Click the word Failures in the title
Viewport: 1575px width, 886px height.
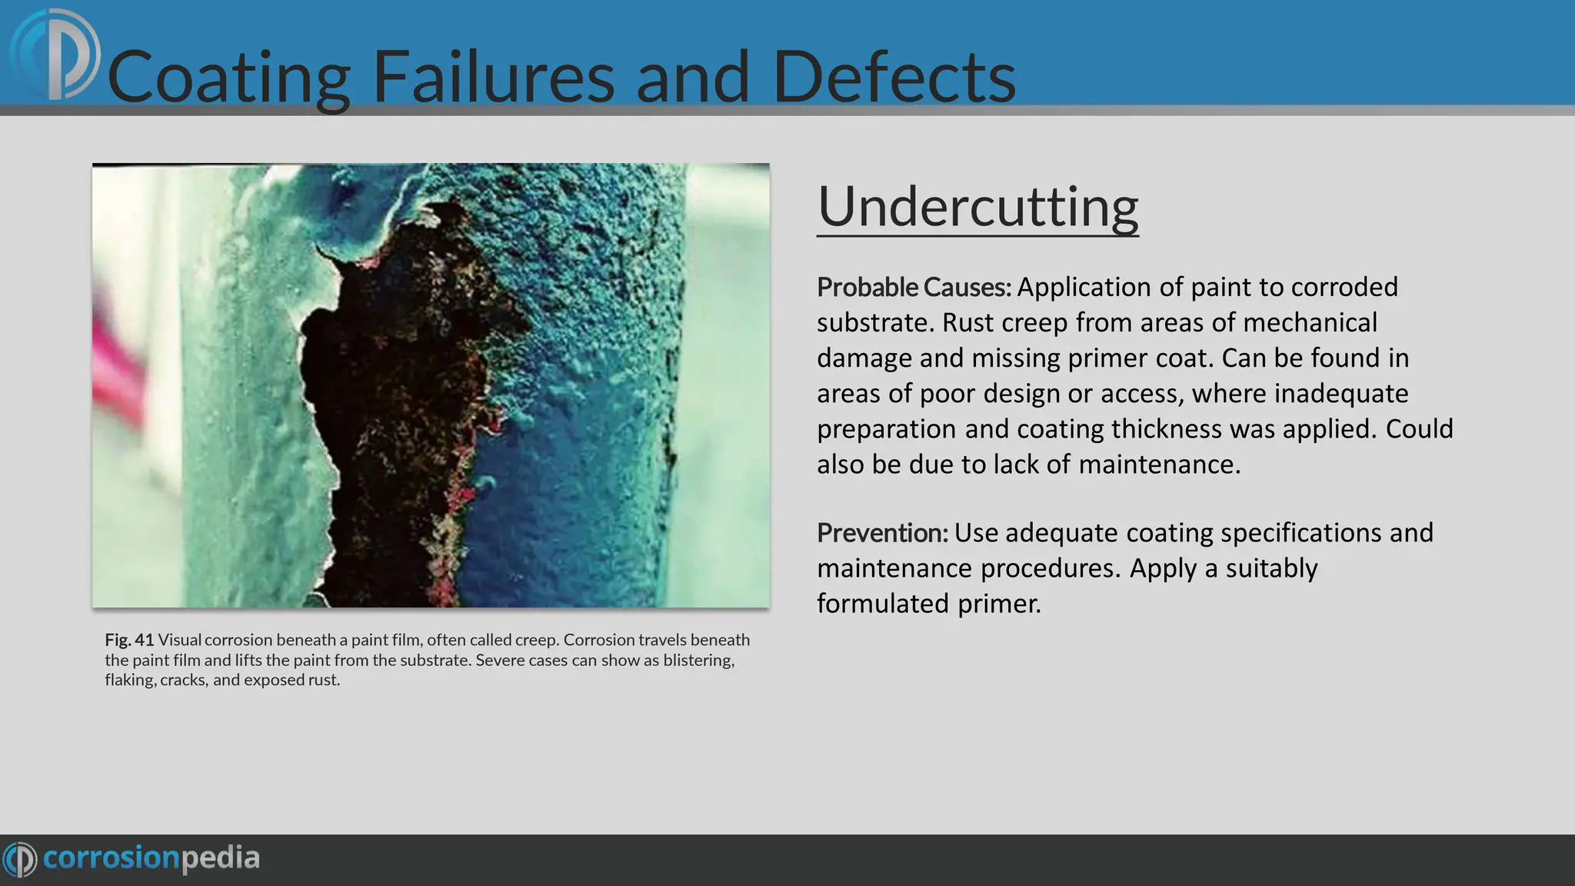coord(493,77)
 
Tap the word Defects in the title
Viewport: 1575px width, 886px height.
coord(894,77)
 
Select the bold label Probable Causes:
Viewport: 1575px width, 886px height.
coord(914,287)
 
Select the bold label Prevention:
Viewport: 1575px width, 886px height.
coord(882,532)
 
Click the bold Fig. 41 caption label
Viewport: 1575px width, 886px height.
coord(129,640)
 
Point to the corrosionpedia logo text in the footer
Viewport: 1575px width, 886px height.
coord(152,858)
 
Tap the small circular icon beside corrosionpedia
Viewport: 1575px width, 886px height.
coord(19,858)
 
